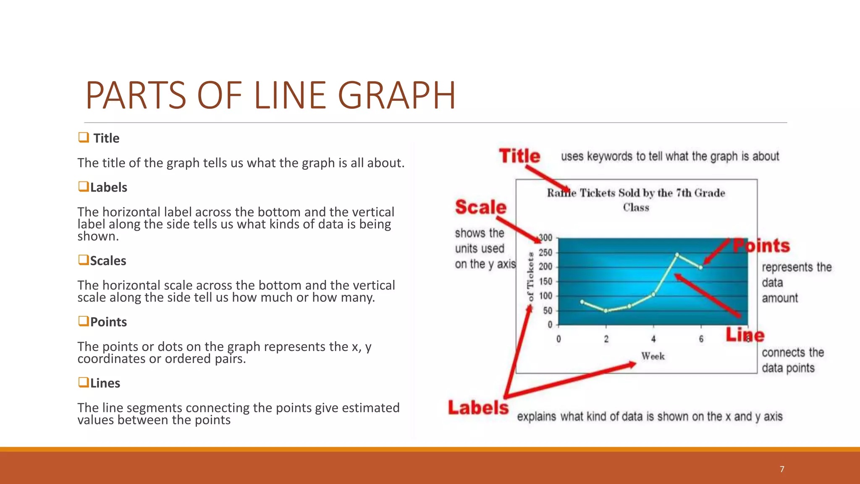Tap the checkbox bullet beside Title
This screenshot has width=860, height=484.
point(83,137)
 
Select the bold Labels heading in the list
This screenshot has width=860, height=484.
point(108,187)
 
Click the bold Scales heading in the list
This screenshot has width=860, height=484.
point(108,261)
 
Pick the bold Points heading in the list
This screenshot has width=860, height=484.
point(108,322)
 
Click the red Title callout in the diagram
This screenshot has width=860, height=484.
point(519,156)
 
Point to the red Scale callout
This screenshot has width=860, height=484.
point(481,207)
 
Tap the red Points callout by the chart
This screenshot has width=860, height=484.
point(761,246)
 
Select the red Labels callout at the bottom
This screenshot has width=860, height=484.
point(478,408)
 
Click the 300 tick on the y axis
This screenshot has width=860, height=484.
point(545,238)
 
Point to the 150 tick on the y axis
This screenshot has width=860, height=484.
point(545,281)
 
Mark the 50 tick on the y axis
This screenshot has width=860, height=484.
point(548,311)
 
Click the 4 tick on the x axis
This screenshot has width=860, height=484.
point(653,339)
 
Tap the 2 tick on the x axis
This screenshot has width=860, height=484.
point(606,339)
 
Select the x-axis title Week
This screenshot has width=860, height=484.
point(653,356)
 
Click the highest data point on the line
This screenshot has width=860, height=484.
point(677,255)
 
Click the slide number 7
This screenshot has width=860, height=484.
point(782,469)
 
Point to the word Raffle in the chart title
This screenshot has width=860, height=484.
point(561,193)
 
